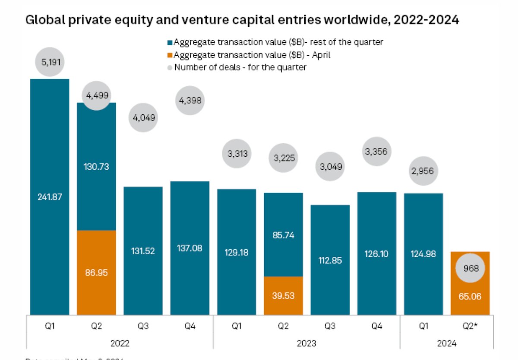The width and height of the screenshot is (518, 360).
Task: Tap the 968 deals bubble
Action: coord(470,268)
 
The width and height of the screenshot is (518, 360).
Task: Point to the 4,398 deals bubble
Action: coord(190,100)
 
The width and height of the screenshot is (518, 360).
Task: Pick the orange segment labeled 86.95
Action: coord(97,272)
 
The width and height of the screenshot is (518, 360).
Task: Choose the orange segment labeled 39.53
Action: coord(283,296)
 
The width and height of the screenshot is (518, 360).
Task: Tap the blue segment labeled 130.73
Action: coord(97,166)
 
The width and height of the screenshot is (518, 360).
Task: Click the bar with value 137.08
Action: coord(190,248)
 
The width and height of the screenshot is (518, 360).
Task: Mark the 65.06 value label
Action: coord(470,297)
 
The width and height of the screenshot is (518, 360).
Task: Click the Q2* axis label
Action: coord(470,326)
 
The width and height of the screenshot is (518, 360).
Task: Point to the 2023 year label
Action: coord(306,344)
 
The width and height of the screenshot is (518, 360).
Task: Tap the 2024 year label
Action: coord(447,344)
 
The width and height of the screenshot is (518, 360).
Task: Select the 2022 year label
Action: coord(120,344)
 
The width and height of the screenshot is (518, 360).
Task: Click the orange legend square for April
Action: coord(170,55)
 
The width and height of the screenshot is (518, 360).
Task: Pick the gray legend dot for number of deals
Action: coord(170,67)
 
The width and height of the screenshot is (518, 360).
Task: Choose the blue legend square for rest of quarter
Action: coord(170,42)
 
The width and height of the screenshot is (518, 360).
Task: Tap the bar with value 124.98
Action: coord(423,254)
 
